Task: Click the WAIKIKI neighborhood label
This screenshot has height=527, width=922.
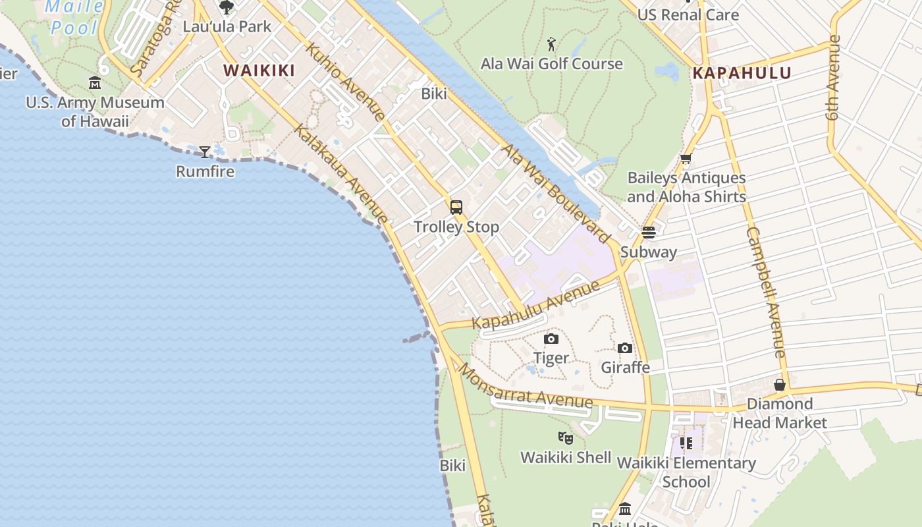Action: [259, 70]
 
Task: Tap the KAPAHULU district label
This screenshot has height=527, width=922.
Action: [742, 73]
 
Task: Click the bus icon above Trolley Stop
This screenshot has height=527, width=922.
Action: [456, 208]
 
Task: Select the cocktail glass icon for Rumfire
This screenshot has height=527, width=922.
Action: [205, 152]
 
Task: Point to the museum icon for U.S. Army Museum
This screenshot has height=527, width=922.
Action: [95, 83]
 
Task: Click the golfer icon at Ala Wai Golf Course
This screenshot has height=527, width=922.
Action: [552, 44]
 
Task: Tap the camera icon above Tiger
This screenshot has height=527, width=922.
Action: [551, 339]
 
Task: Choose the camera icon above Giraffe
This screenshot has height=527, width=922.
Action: [625, 348]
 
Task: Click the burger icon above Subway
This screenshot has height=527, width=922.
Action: [649, 232]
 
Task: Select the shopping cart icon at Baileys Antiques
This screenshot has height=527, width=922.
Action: [686, 159]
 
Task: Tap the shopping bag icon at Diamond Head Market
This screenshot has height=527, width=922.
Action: [780, 384]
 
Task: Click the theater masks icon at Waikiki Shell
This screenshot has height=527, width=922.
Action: [566, 437]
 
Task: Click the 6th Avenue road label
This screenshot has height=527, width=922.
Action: [834, 77]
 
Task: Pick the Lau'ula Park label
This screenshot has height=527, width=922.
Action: [227, 27]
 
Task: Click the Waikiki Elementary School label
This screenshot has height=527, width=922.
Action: [686, 472]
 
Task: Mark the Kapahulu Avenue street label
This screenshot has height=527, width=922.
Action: [537, 304]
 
